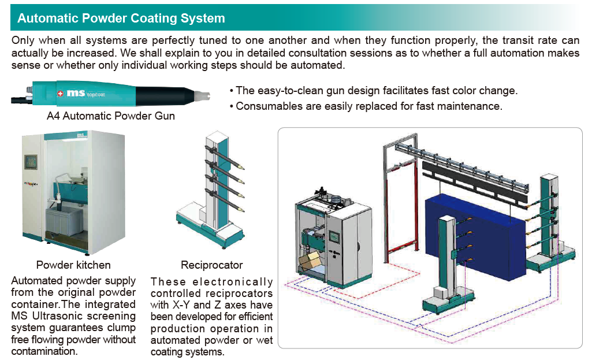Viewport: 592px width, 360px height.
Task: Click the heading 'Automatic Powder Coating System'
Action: pyautogui.click(x=121, y=18)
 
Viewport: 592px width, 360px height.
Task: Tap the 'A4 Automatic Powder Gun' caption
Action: pyautogui.click(x=111, y=116)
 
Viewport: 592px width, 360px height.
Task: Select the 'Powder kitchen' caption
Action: pyautogui.click(x=73, y=265)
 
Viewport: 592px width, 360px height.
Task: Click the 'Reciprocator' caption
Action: pyautogui.click(x=212, y=265)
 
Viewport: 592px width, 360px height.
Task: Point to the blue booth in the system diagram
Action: pyautogui.click(x=474, y=228)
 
